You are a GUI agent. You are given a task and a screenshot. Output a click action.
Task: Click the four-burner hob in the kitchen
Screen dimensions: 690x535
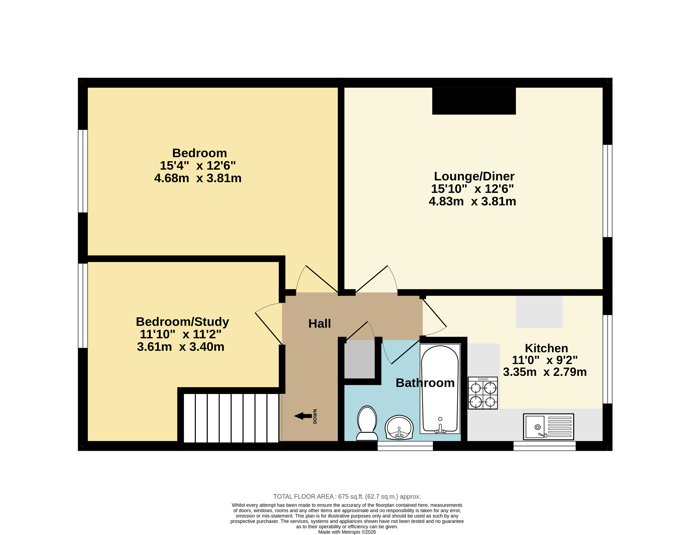[x=483, y=393]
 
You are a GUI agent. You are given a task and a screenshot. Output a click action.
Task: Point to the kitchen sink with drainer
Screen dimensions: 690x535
[x=549, y=427]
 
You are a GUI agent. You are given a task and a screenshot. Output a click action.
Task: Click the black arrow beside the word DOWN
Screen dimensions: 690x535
[x=303, y=416]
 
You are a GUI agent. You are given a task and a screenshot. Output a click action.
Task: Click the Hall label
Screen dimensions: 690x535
[x=319, y=324]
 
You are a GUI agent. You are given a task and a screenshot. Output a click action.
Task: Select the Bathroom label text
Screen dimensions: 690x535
[x=425, y=383]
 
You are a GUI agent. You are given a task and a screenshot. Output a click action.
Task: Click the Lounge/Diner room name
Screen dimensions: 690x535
[x=474, y=176]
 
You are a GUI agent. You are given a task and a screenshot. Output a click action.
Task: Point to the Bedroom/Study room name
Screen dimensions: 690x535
[x=182, y=322]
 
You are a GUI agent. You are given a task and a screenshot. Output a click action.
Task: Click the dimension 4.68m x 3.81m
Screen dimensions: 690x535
[x=198, y=178]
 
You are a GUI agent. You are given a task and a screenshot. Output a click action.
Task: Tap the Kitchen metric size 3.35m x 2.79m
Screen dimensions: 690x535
[x=545, y=372]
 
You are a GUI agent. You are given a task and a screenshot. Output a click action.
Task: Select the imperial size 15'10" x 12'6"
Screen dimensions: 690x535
[x=472, y=189]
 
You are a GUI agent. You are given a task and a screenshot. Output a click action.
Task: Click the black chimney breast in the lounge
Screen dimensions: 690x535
[x=474, y=101]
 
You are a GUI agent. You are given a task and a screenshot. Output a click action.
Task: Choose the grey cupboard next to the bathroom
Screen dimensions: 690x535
[x=359, y=359]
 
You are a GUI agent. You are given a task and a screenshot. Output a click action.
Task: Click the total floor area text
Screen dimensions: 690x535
[x=347, y=496]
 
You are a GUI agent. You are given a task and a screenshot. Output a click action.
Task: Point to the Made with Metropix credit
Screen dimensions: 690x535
[x=347, y=532]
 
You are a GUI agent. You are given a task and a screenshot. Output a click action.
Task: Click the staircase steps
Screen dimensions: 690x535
[x=231, y=418]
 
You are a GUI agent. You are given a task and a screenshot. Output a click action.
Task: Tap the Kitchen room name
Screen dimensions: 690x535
[x=547, y=348]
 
